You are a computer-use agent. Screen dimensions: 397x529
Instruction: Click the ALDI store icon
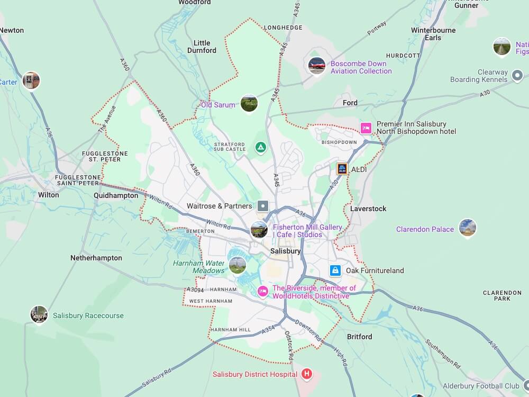[x=342, y=169]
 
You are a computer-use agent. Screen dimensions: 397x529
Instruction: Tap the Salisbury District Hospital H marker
[x=306, y=374]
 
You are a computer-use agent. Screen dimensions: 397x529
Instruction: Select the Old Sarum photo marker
[x=249, y=103]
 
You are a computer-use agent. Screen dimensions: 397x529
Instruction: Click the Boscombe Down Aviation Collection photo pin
[x=316, y=66]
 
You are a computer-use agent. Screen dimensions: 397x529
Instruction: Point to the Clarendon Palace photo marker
[x=467, y=228]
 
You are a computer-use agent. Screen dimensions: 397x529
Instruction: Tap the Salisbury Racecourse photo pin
[x=39, y=314]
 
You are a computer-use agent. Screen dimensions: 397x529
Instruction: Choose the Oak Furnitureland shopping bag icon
[x=335, y=270]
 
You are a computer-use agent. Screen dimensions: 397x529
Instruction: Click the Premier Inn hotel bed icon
[x=366, y=128]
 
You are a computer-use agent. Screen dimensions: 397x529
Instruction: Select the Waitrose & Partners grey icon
[x=263, y=206]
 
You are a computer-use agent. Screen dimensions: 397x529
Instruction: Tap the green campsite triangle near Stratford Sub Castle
[x=260, y=147]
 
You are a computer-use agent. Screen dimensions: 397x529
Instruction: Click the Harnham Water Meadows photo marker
[x=238, y=265]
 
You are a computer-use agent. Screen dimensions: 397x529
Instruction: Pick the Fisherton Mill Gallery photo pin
[x=259, y=230]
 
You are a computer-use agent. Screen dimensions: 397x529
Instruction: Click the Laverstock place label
[x=368, y=209]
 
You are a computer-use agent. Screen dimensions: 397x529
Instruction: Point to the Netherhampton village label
[x=96, y=258]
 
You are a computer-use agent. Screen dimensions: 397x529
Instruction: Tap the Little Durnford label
[x=202, y=47]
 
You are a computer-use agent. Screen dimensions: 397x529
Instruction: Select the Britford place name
[x=359, y=337]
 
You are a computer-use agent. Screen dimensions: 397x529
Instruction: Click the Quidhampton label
[x=115, y=195]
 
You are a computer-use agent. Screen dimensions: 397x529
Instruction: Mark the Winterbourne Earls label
[x=433, y=34]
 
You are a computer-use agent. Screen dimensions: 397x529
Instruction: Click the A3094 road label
[x=195, y=290]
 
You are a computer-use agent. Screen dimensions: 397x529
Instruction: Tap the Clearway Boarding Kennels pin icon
[x=517, y=79]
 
